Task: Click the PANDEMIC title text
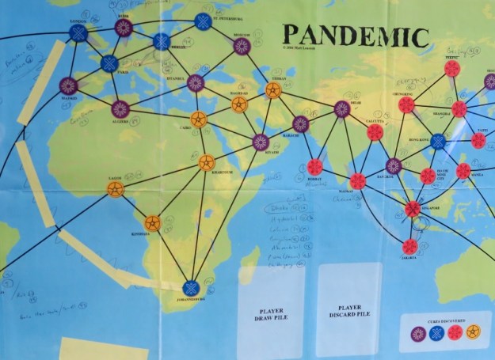[x=356, y=36]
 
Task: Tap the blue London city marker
[x=78, y=32]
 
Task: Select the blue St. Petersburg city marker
[x=204, y=21]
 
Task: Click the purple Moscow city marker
[x=242, y=46]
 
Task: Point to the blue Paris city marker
[x=109, y=63]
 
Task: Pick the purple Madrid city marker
[x=68, y=85]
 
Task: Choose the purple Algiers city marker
[x=120, y=109]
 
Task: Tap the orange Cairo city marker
[x=199, y=120]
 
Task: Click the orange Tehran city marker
[x=272, y=90]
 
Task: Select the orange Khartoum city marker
[x=207, y=163]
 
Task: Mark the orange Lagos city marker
[x=116, y=190]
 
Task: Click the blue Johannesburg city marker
[x=190, y=289]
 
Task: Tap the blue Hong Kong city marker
[x=437, y=142]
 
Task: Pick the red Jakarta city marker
[x=409, y=247]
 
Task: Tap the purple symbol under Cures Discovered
[x=419, y=334]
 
